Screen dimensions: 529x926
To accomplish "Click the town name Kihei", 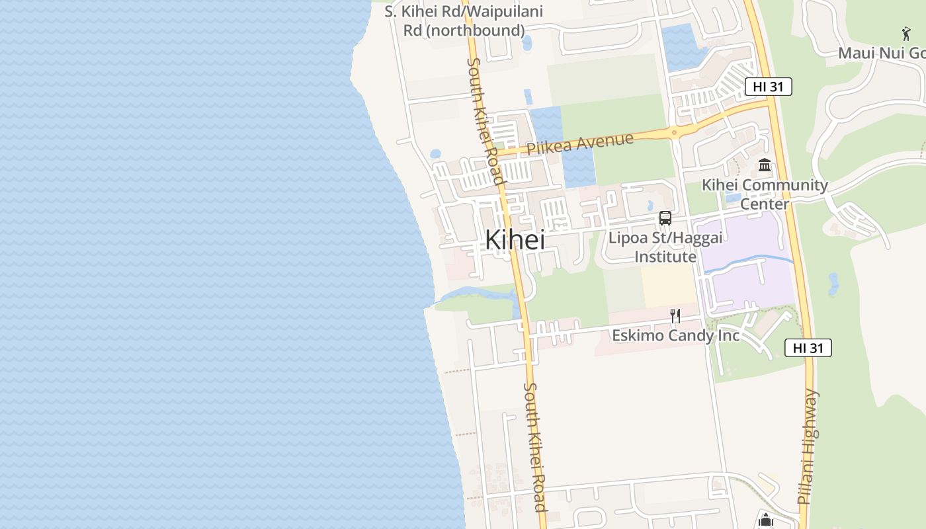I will [x=515, y=239].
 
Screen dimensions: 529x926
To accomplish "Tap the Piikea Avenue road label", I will [x=580, y=143].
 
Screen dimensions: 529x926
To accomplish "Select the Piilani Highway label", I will [x=808, y=447].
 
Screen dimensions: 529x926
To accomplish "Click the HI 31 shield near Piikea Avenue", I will [x=768, y=87].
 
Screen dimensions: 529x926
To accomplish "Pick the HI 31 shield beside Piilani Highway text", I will [x=808, y=348].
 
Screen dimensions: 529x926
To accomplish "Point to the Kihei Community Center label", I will [x=765, y=194].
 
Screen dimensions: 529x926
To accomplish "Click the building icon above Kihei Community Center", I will [x=765, y=165].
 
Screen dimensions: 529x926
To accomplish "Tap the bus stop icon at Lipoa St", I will [x=665, y=218].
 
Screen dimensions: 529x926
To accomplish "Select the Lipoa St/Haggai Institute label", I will [x=665, y=247].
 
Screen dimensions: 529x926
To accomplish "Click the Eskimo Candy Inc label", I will [x=675, y=335].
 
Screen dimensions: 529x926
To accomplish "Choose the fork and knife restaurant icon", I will [x=675, y=316].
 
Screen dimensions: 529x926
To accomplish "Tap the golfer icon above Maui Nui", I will [x=906, y=33].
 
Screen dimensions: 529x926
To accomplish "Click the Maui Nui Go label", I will [x=881, y=53].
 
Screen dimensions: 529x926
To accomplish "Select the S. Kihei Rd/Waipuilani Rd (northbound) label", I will [x=464, y=21].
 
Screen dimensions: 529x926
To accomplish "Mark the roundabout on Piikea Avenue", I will [x=674, y=132].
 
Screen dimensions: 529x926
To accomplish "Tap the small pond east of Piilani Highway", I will [x=833, y=284].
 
